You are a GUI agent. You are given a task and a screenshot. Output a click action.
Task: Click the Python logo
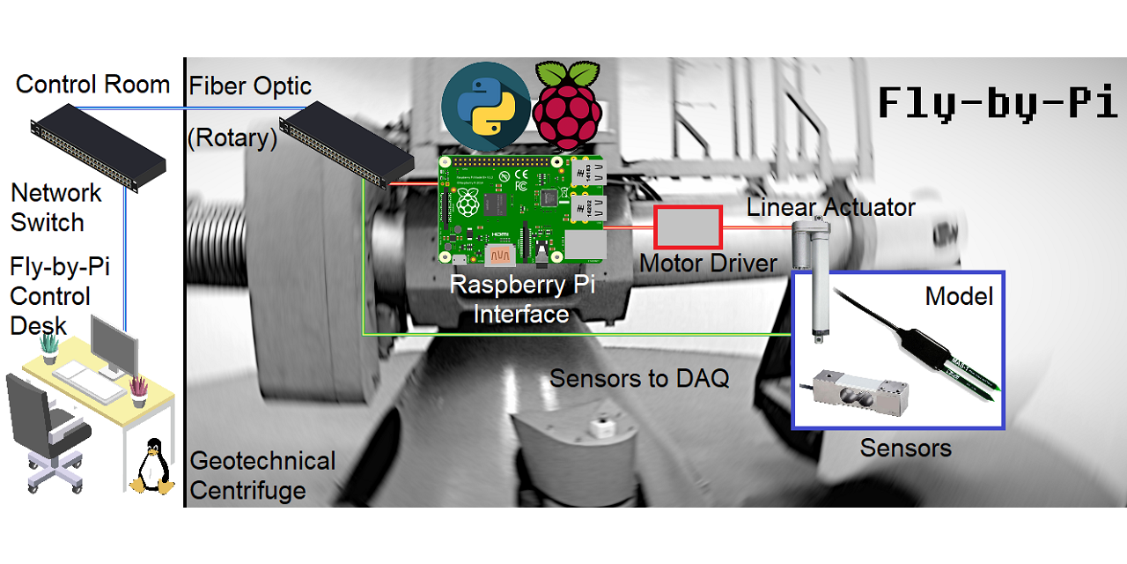click(485, 107)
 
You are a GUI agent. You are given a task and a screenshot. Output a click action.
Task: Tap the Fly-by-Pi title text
click(997, 104)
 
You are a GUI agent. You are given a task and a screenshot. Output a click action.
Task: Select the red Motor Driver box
click(688, 227)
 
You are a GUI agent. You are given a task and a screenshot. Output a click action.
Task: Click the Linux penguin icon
click(151, 466)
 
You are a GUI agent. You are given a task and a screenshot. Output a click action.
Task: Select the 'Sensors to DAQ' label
click(639, 379)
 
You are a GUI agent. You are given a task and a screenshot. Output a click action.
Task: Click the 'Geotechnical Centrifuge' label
click(262, 475)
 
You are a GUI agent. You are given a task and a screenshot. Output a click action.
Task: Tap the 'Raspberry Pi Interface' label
click(520, 300)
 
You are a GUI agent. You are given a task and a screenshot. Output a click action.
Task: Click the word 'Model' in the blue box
click(959, 296)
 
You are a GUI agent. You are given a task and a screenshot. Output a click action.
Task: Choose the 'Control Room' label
click(92, 85)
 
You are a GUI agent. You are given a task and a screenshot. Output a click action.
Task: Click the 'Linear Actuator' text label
click(830, 207)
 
